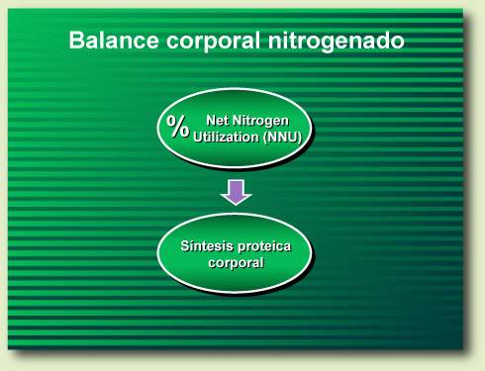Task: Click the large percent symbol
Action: (178, 126)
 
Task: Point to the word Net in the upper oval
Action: (217, 119)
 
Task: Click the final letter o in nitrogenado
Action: (397, 42)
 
